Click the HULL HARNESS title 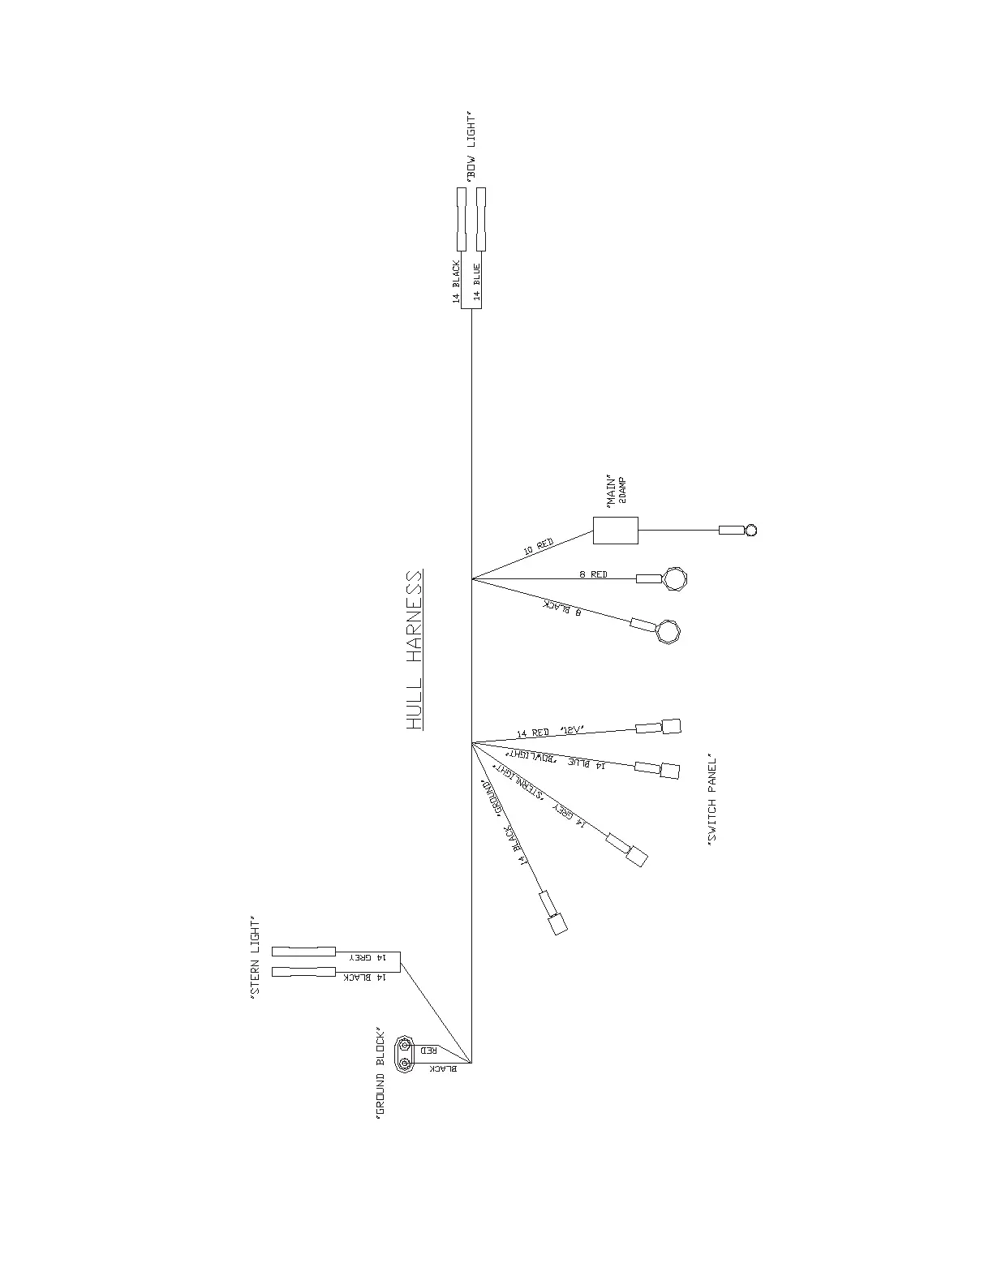point(415,650)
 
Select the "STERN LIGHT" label point(256,956)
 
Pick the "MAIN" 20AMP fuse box point(615,531)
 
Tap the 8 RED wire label point(593,574)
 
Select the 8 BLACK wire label point(566,606)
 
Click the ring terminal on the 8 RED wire point(674,578)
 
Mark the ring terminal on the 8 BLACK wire point(668,630)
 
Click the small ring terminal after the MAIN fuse point(750,531)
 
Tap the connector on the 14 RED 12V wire point(670,726)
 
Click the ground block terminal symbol point(404,1054)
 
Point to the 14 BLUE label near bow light point(477,282)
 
